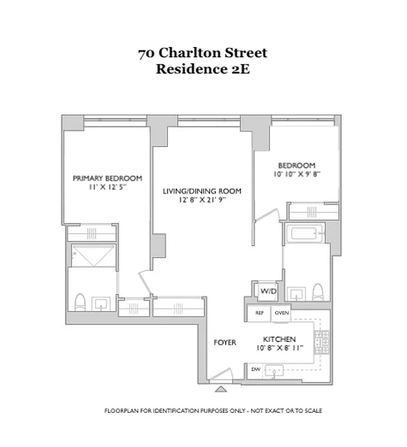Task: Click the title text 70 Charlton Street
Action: pos(203,54)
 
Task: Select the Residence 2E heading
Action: pos(203,70)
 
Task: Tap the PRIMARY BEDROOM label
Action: pos(107,178)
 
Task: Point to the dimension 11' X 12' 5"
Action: pos(107,189)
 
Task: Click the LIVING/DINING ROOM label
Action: pos(202,191)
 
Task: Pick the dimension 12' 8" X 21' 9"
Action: pos(202,201)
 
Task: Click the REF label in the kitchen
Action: pos(259,313)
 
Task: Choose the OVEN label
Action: pos(281,313)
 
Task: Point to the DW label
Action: pos(255,369)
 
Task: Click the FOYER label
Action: pos(225,342)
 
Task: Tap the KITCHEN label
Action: pos(279,339)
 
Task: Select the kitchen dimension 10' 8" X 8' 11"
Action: pos(279,348)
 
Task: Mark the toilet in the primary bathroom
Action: pos(79,302)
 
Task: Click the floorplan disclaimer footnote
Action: pos(213,411)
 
